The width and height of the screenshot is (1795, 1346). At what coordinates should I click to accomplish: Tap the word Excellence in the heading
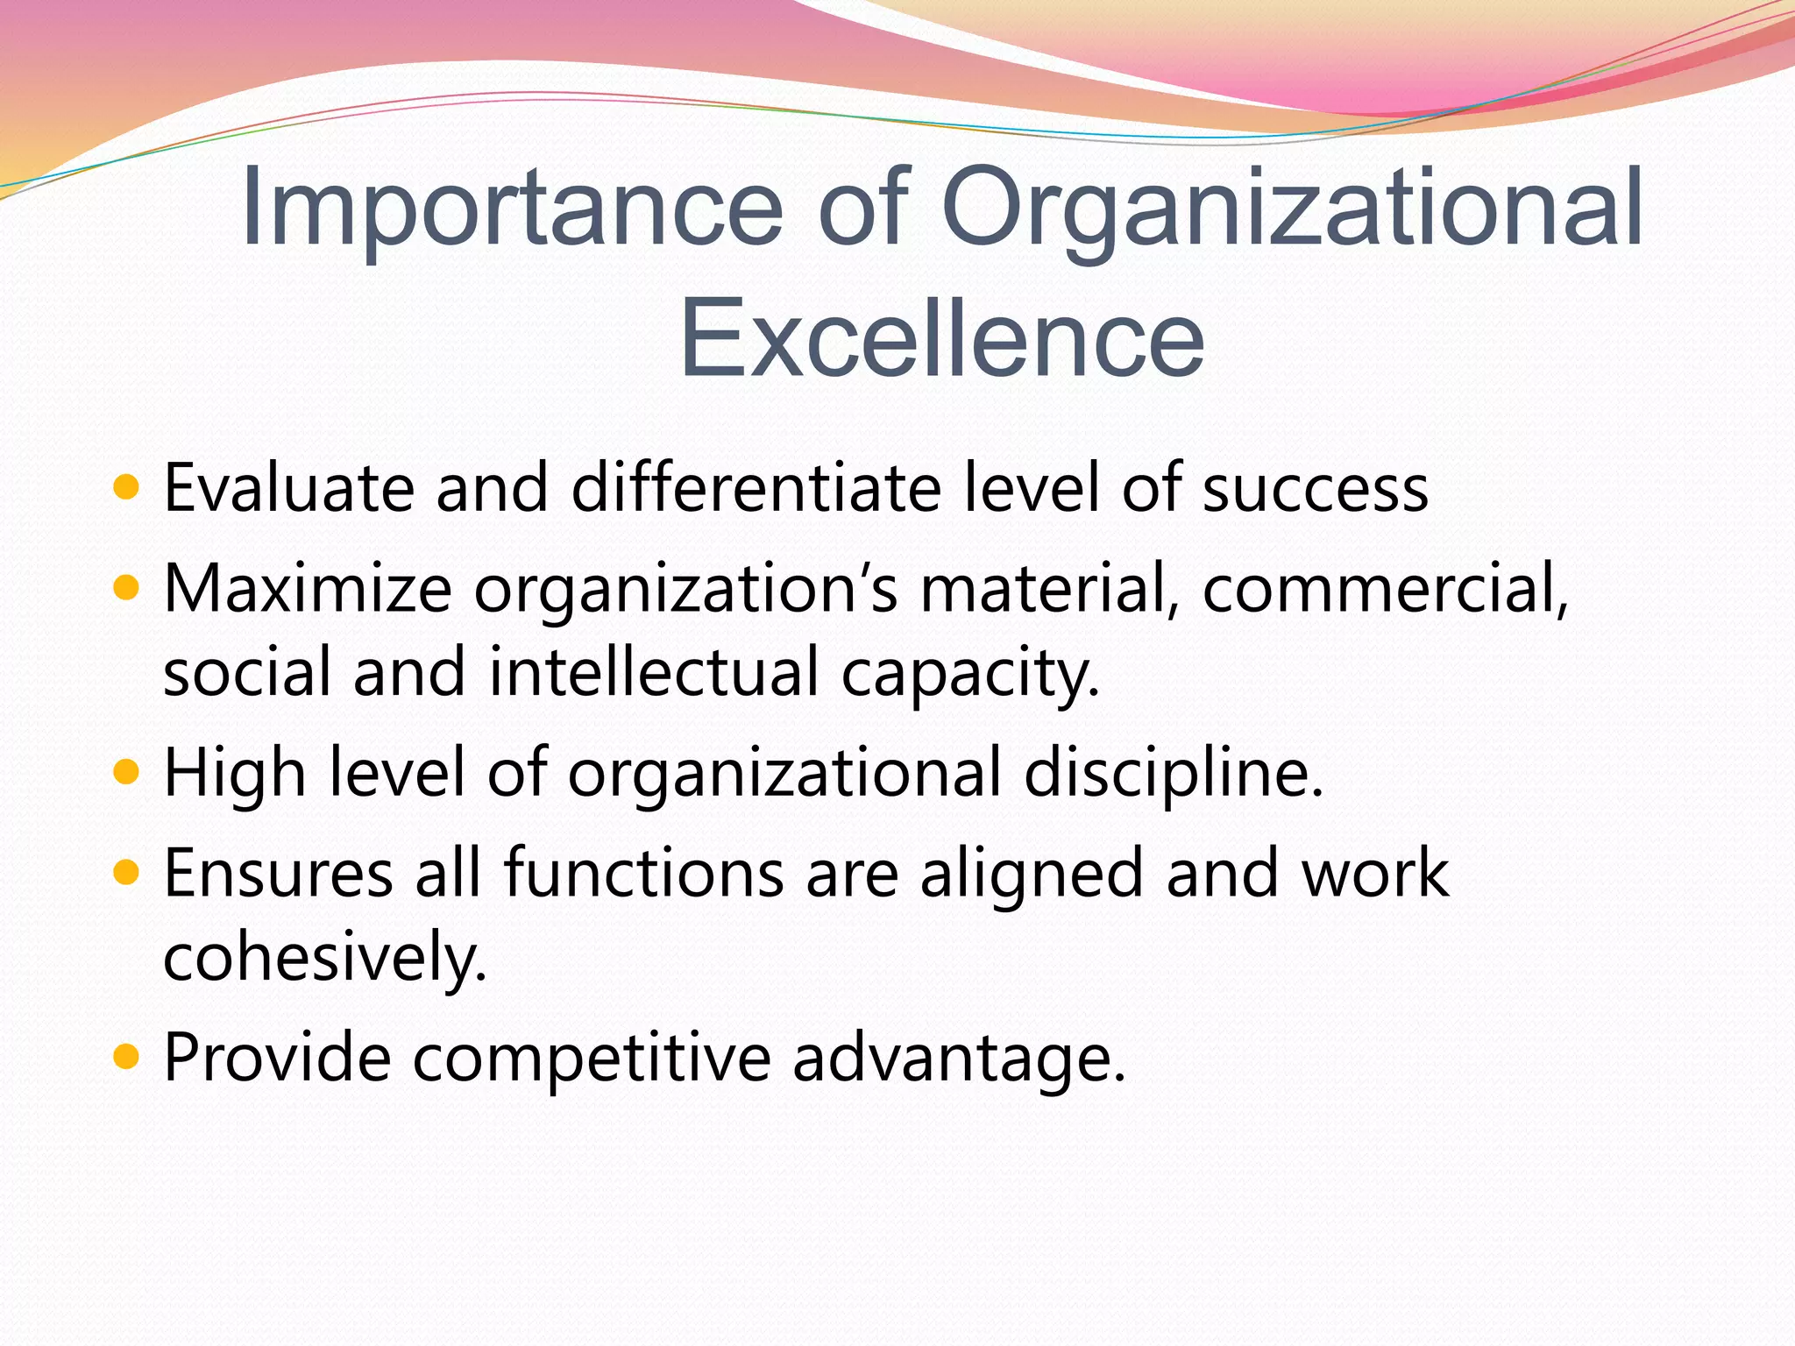[x=941, y=340]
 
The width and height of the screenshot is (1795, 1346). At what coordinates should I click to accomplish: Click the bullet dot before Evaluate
[x=127, y=486]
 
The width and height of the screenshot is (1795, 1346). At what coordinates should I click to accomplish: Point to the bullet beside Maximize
[x=127, y=587]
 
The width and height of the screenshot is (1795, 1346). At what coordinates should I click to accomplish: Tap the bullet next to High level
[x=127, y=772]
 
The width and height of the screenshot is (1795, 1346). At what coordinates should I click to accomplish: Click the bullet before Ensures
[x=127, y=873]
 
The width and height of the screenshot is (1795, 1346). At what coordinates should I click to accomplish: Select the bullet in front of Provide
[x=127, y=1057]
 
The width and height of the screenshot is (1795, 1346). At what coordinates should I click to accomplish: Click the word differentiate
[x=756, y=487]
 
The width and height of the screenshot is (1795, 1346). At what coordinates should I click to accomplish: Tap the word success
[x=1316, y=489]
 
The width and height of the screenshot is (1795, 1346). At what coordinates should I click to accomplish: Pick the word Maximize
[x=308, y=588]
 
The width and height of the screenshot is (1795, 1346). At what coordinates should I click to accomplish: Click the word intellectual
[x=654, y=671]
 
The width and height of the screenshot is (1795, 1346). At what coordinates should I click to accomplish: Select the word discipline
[x=1173, y=774]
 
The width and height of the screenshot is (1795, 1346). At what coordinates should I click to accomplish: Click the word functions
[x=643, y=873]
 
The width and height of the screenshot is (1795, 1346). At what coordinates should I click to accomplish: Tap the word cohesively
[x=324, y=956]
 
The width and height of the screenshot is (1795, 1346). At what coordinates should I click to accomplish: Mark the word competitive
[x=592, y=1059]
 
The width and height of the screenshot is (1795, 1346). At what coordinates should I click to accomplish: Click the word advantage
[x=958, y=1059]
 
